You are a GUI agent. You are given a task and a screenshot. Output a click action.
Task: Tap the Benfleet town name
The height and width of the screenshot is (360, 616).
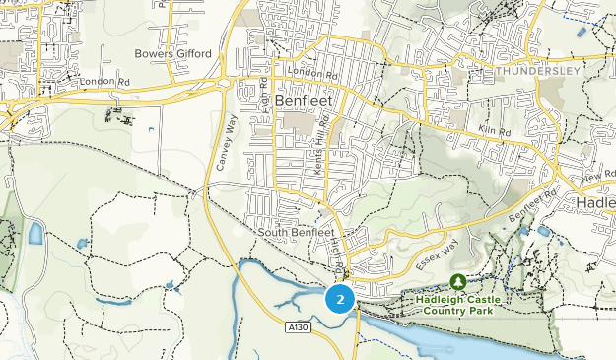(x=305, y=101)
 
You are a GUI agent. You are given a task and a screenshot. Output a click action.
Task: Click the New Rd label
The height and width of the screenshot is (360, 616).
(x=597, y=176)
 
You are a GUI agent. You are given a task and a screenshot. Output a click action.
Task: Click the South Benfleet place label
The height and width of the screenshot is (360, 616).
(x=297, y=233)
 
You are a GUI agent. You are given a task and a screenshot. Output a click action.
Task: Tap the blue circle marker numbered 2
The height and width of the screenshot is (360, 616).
(x=340, y=299)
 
